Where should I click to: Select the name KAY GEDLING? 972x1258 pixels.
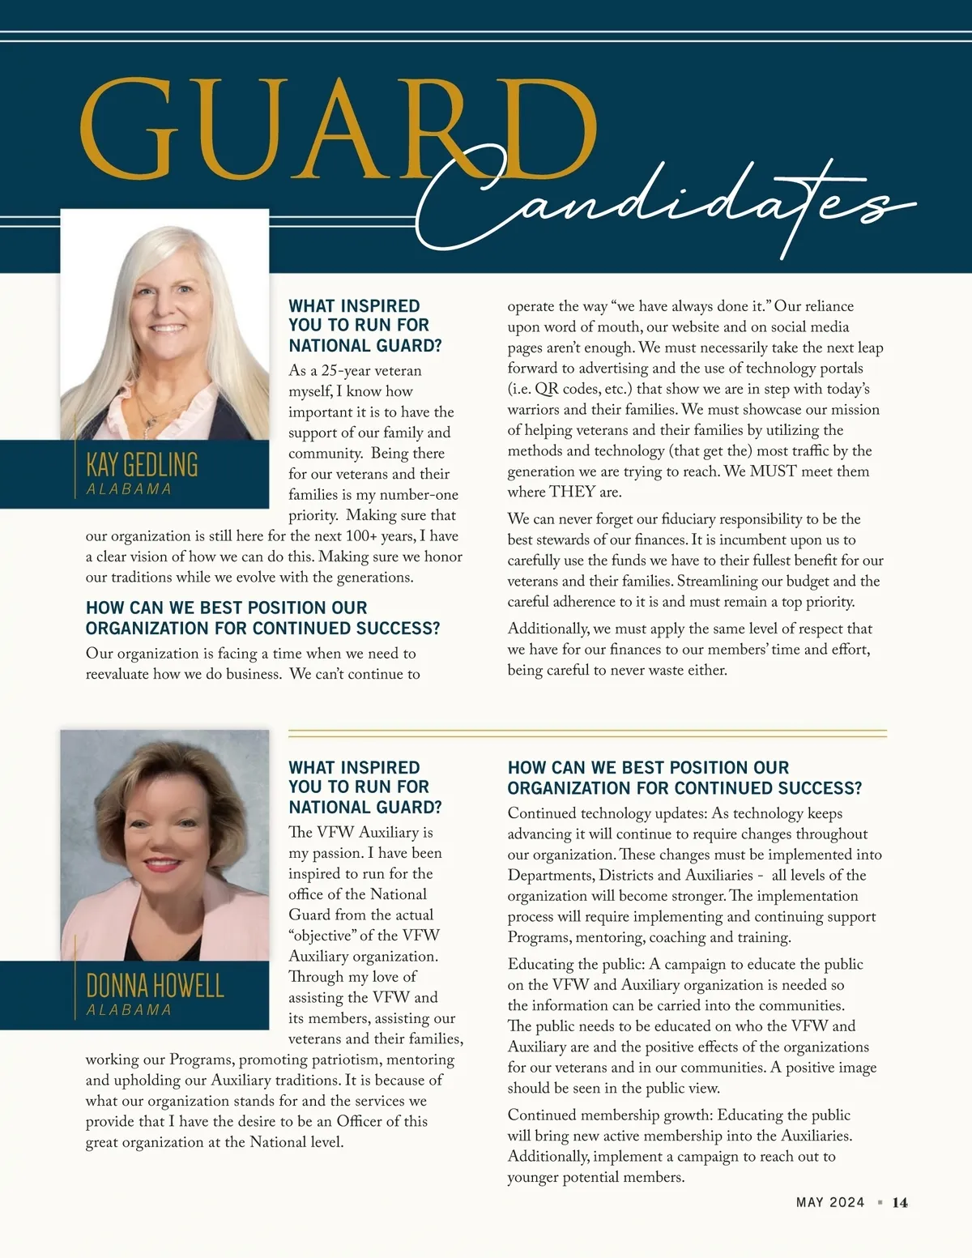tap(142, 465)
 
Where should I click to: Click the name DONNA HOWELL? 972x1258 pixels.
tap(155, 986)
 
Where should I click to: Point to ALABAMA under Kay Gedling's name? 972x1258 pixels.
tap(129, 489)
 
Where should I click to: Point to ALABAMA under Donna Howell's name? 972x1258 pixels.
tap(129, 1010)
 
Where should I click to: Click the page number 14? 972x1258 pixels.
tap(900, 1203)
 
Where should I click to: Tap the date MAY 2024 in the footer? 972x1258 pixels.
tap(830, 1203)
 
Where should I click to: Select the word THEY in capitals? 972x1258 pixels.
tap(573, 492)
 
